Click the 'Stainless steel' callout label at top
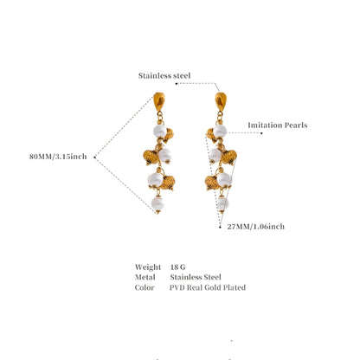pyautogui.click(x=164, y=75)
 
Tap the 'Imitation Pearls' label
pyautogui.click(x=278, y=125)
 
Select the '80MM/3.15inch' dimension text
pyautogui.click(x=58, y=157)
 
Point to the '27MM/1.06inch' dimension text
pyautogui.click(x=255, y=227)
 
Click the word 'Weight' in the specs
pyautogui.click(x=148, y=267)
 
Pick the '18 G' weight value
pyautogui.click(x=177, y=267)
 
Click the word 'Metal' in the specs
pyautogui.click(x=145, y=277)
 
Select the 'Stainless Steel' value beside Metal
pyautogui.click(x=196, y=277)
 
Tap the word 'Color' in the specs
pyautogui.click(x=145, y=287)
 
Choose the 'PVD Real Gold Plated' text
pyautogui.click(x=208, y=287)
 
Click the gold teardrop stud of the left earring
pyautogui.click(x=159, y=101)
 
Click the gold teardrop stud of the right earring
pyautogui.click(x=221, y=101)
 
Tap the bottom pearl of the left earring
pyautogui.click(x=157, y=203)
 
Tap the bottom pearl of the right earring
pyautogui.click(x=222, y=203)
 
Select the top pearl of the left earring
pyautogui.click(x=160, y=132)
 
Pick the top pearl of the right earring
pyautogui.click(x=220, y=131)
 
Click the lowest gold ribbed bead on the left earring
pyautogui.click(x=168, y=183)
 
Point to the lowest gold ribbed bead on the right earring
pyautogui.click(x=212, y=183)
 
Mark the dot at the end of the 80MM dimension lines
pyautogui.click(x=94, y=157)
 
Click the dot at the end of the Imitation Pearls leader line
pyautogui.click(x=261, y=133)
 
